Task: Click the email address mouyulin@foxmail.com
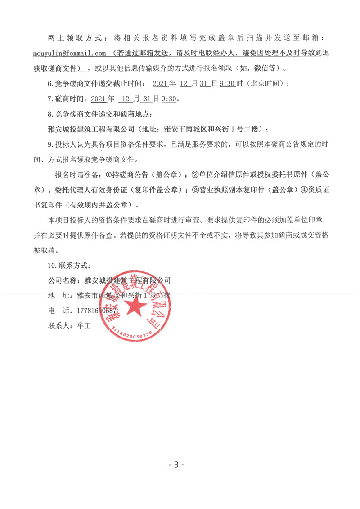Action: click(69, 53)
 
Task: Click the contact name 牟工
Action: click(84, 325)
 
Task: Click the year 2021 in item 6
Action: click(161, 83)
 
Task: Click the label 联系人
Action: click(60, 325)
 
